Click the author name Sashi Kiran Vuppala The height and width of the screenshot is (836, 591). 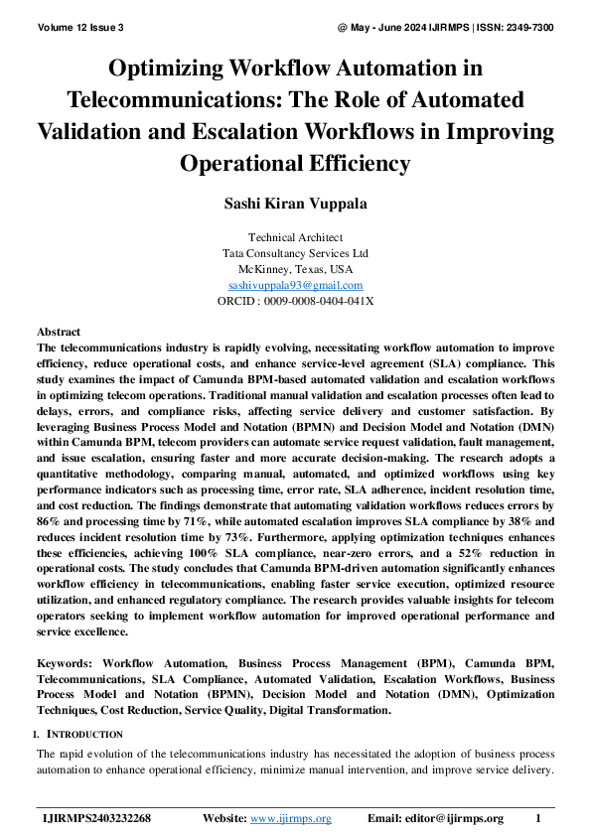(x=295, y=204)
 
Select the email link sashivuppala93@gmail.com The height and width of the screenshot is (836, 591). (x=295, y=285)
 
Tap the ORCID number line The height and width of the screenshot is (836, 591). (x=295, y=301)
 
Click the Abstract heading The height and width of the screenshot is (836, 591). (x=59, y=332)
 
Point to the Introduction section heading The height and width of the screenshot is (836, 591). (x=84, y=734)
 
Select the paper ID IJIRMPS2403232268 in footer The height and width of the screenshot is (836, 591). (x=97, y=818)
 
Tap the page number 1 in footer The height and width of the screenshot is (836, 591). (x=537, y=818)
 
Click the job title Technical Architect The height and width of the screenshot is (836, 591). (x=295, y=237)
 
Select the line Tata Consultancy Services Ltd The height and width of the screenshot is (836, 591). (x=295, y=253)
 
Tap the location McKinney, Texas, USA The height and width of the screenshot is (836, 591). (x=295, y=269)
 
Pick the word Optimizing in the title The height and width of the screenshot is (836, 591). (x=170, y=69)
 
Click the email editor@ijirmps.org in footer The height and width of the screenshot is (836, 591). (x=449, y=818)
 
